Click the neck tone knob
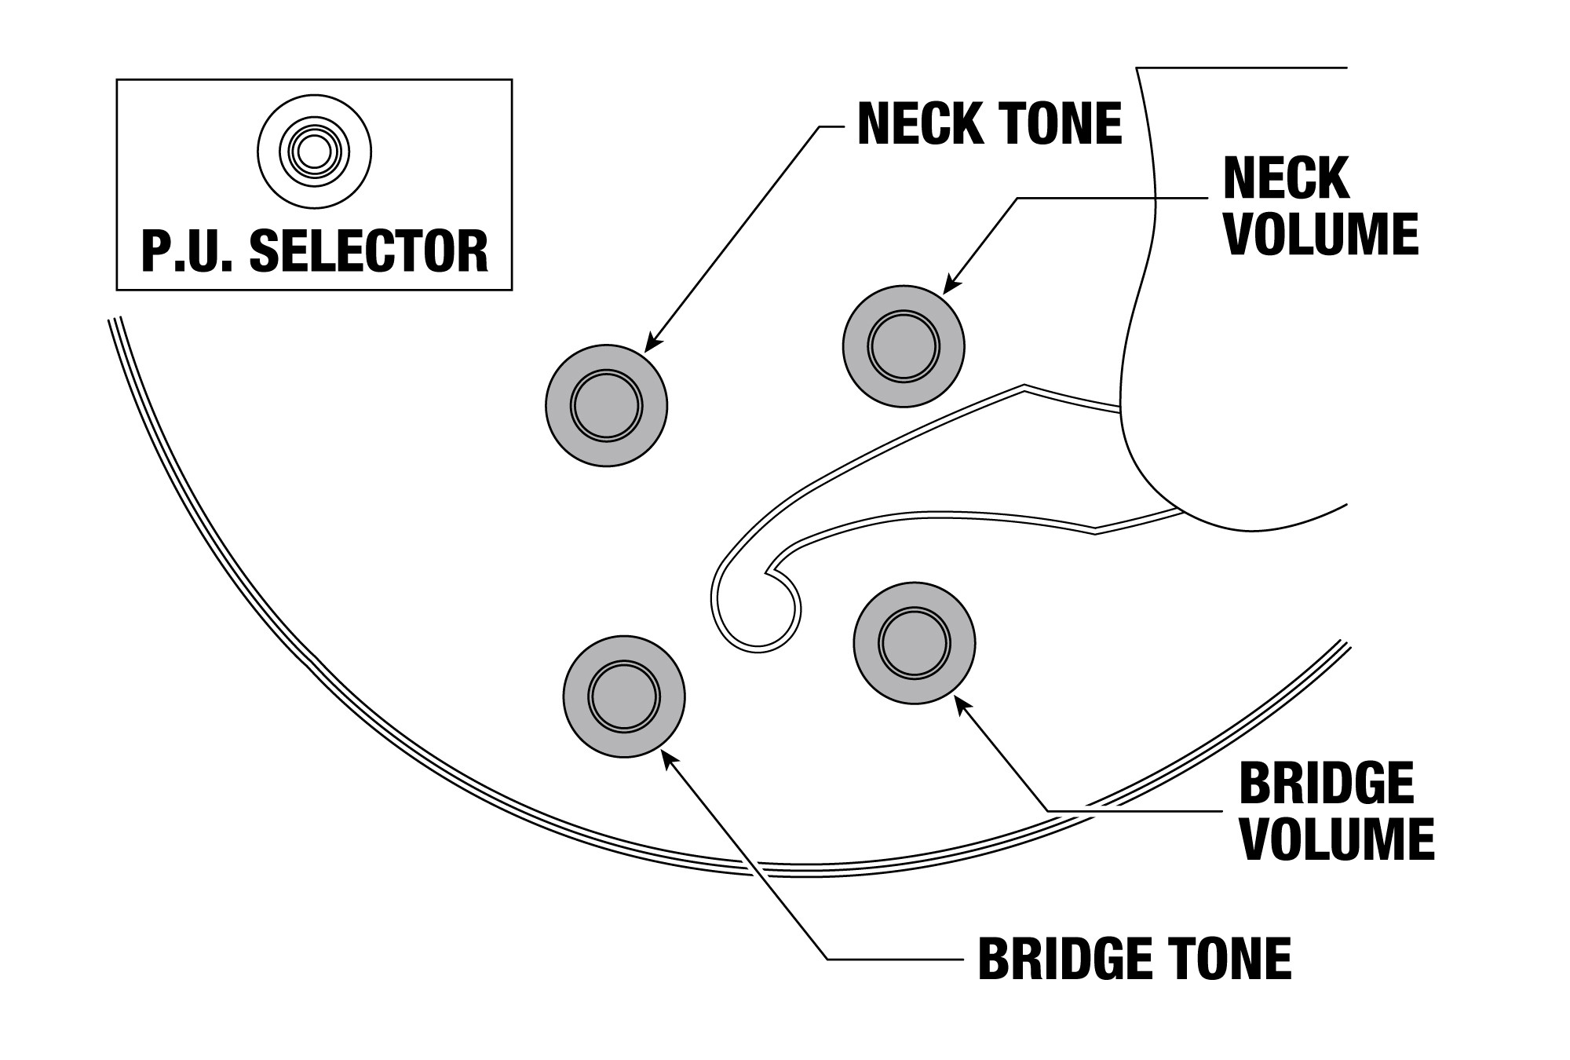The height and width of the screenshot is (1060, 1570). click(x=606, y=405)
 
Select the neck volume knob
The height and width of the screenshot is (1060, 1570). click(x=904, y=346)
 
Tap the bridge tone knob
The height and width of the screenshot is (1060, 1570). click(x=624, y=696)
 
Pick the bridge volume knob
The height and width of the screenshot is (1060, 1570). click(x=915, y=643)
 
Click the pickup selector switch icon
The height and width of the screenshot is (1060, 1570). click(x=315, y=152)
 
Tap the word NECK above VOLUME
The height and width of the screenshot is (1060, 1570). click(x=1286, y=178)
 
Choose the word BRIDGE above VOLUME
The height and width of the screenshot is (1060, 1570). click(x=1327, y=783)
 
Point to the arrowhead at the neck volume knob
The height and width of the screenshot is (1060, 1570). click(x=949, y=287)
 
